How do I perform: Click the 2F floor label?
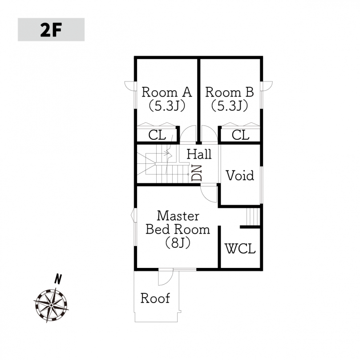point(51,30)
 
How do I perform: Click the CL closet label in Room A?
point(157,135)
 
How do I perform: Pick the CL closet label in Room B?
point(240,135)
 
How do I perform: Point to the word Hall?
point(199,154)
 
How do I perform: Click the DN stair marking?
point(197,173)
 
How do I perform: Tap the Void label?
point(240,175)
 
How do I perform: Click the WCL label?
point(240,248)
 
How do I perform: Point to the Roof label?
point(155,298)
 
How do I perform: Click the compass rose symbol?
point(51,305)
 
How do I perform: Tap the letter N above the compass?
point(58,279)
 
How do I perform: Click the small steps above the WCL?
point(253,217)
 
